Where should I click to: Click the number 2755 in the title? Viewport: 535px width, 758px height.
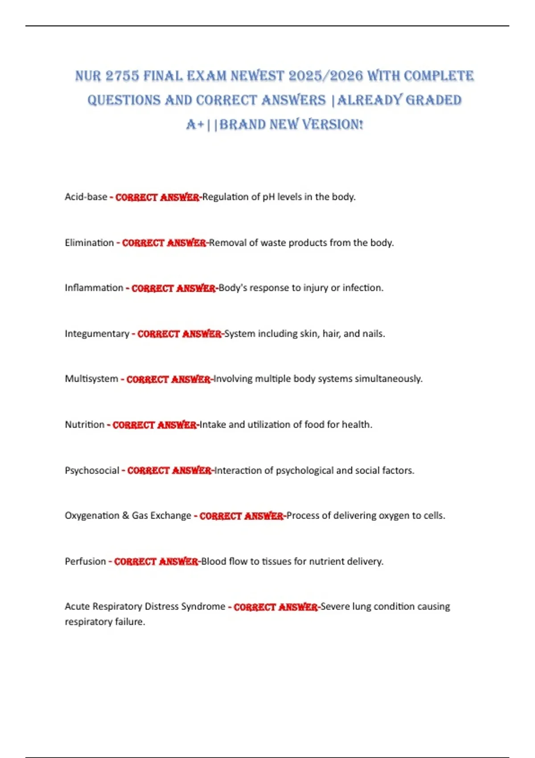122,76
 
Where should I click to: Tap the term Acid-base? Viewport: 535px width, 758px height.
86,197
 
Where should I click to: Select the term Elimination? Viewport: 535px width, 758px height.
89,243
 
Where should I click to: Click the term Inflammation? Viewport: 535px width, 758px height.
94,288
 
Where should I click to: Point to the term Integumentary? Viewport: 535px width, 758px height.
97,334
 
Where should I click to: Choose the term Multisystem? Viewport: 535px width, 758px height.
91,379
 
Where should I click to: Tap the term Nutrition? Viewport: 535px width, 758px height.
84,425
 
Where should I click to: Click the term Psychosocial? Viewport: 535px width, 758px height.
92,471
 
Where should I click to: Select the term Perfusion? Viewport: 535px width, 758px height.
85,561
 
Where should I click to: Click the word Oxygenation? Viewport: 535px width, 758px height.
90,516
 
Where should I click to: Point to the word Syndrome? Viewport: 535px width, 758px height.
207,607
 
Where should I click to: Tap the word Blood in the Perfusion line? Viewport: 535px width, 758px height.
214,561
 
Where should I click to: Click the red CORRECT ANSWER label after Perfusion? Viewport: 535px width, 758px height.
156,562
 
